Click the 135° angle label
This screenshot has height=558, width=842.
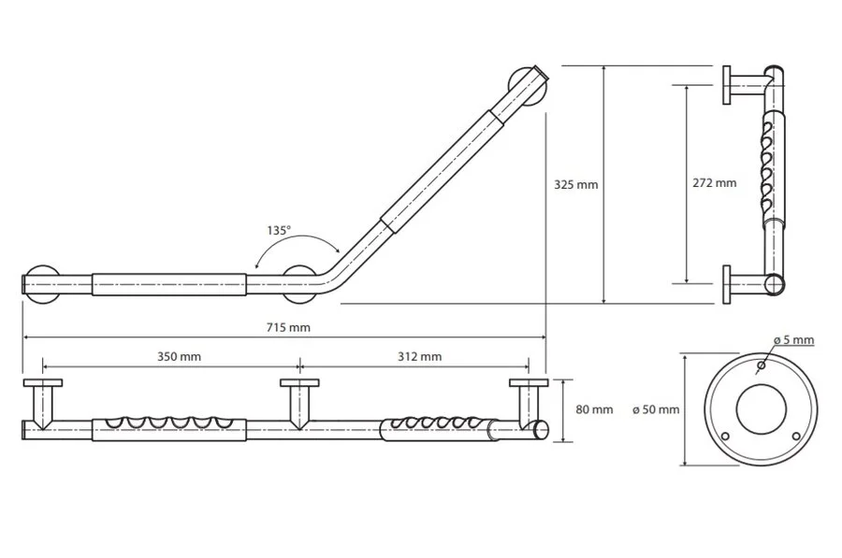[x=279, y=228]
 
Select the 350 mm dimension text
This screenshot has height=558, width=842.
[x=179, y=357]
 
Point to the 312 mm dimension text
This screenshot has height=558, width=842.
[x=419, y=357]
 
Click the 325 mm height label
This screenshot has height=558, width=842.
[x=576, y=185]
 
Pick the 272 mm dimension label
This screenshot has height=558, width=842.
[x=716, y=183]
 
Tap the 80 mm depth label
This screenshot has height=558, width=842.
[x=596, y=409]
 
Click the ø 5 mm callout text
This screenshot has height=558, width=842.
[x=793, y=340]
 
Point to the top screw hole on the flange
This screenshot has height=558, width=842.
[x=760, y=365]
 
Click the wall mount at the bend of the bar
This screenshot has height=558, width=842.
[x=300, y=283]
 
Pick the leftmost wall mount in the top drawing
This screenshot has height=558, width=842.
[x=43, y=283]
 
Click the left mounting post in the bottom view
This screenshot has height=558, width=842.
[x=43, y=404]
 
